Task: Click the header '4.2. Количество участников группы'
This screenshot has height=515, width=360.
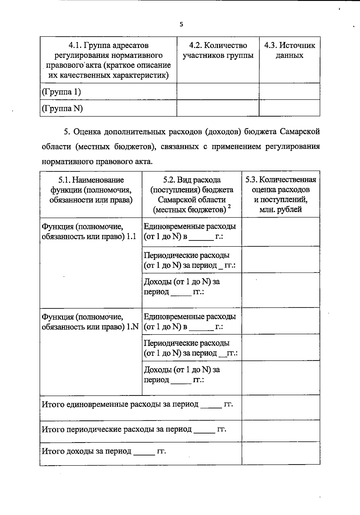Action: point(218,50)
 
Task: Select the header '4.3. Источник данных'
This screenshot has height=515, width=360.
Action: point(289,50)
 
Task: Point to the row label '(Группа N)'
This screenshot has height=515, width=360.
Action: point(62,108)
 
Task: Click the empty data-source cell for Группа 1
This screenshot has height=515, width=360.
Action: point(289,91)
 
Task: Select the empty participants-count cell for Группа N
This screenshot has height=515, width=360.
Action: point(218,108)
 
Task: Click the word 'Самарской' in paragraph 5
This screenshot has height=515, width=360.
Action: point(300,132)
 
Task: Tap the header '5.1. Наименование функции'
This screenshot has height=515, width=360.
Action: point(91,190)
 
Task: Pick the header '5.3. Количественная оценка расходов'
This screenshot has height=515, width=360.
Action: point(280,194)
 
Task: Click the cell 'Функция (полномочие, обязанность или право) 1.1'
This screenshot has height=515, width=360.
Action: point(89,231)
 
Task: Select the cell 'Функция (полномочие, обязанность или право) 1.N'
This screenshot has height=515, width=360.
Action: point(90,322)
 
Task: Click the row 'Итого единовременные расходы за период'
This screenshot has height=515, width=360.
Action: point(137,404)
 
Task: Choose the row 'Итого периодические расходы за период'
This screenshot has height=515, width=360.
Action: point(133,429)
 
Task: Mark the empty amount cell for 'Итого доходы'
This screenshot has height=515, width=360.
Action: point(280,454)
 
